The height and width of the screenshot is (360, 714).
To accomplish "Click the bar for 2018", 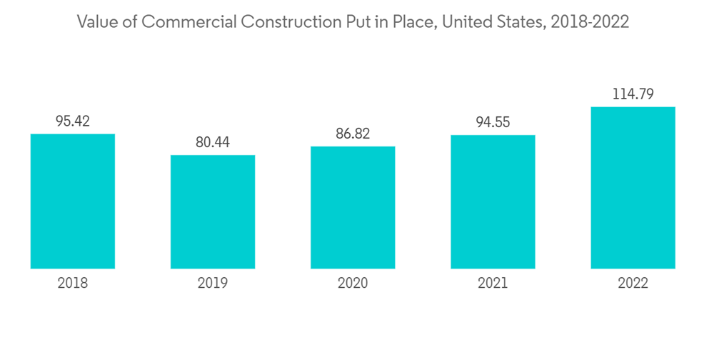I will click(x=73, y=201).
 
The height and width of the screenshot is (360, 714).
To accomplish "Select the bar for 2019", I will click(x=213, y=211).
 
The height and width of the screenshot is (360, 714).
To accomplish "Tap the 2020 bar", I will click(x=353, y=207).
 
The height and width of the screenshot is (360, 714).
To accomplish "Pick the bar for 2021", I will click(x=493, y=201).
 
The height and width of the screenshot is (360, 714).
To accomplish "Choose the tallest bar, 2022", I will click(x=633, y=188).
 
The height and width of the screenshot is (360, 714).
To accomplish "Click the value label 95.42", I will click(x=73, y=121).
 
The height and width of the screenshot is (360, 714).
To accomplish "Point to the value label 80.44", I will click(x=213, y=142).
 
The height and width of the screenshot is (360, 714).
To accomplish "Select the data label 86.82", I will click(x=353, y=134).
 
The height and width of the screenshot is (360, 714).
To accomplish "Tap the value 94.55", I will click(x=493, y=122).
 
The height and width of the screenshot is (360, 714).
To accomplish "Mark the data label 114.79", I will click(x=633, y=94).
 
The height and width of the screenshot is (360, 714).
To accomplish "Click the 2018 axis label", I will click(x=73, y=284).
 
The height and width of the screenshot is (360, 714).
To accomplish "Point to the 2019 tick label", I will click(x=213, y=284).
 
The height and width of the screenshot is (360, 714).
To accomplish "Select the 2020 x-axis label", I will click(x=353, y=284).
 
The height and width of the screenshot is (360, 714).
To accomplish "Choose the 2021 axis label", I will click(x=493, y=284).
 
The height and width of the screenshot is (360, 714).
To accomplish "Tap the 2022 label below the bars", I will click(x=633, y=284).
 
